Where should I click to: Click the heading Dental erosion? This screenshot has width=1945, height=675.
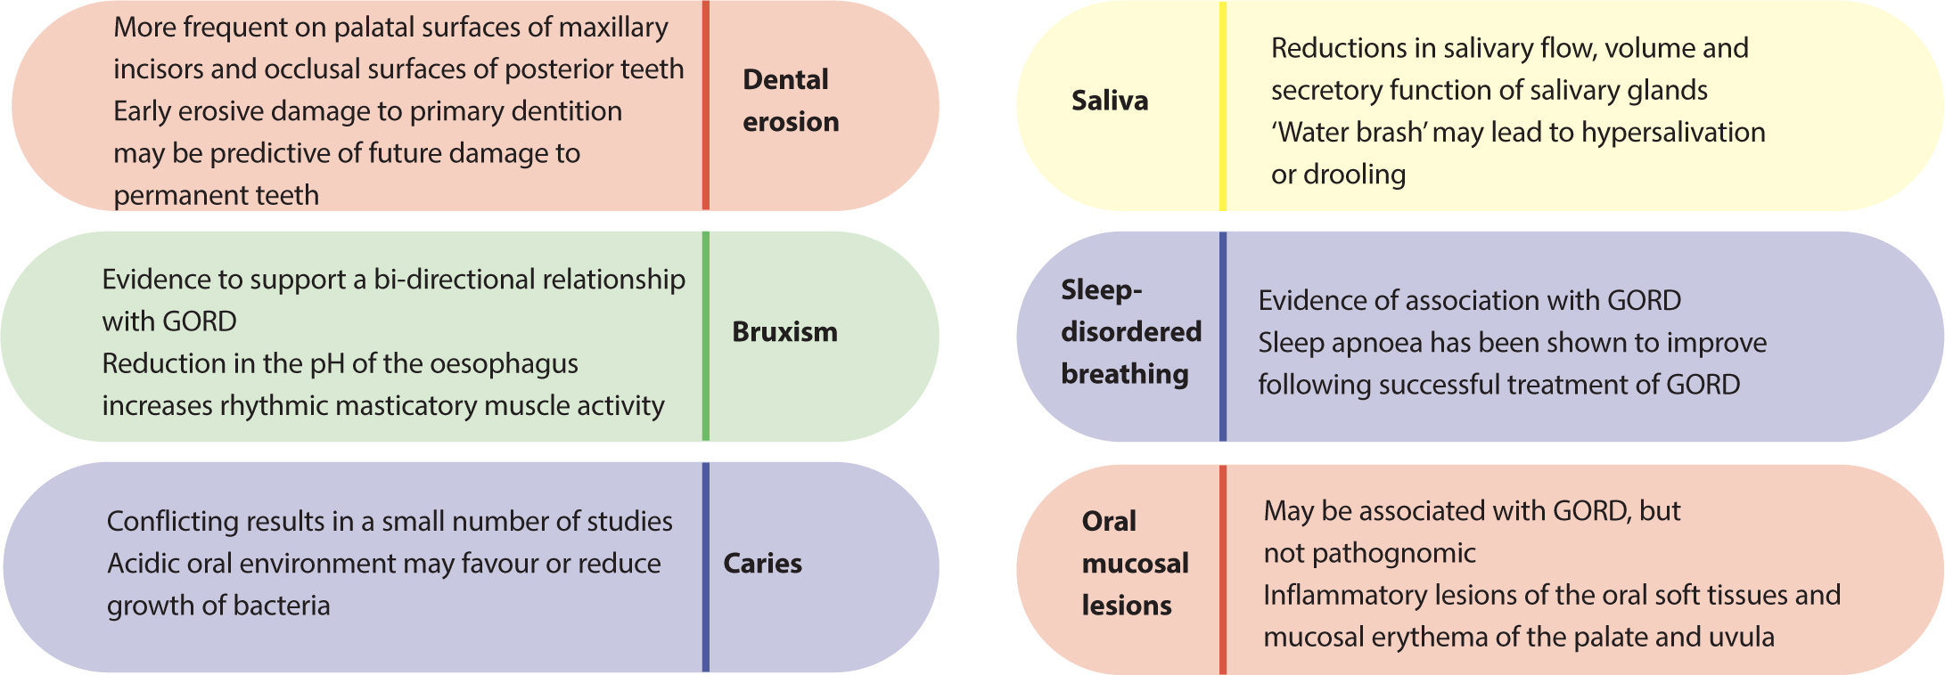point(791,101)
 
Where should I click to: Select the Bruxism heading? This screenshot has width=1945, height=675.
point(784,332)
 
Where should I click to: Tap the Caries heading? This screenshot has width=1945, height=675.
point(762,564)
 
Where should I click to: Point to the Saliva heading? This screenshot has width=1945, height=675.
point(1110,101)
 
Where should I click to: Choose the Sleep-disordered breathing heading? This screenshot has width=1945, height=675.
point(1131,332)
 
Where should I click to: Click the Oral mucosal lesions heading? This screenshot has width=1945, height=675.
point(1136,564)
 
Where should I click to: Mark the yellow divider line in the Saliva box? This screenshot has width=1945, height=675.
point(1223,106)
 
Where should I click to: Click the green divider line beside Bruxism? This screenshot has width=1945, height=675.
point(706,336)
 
